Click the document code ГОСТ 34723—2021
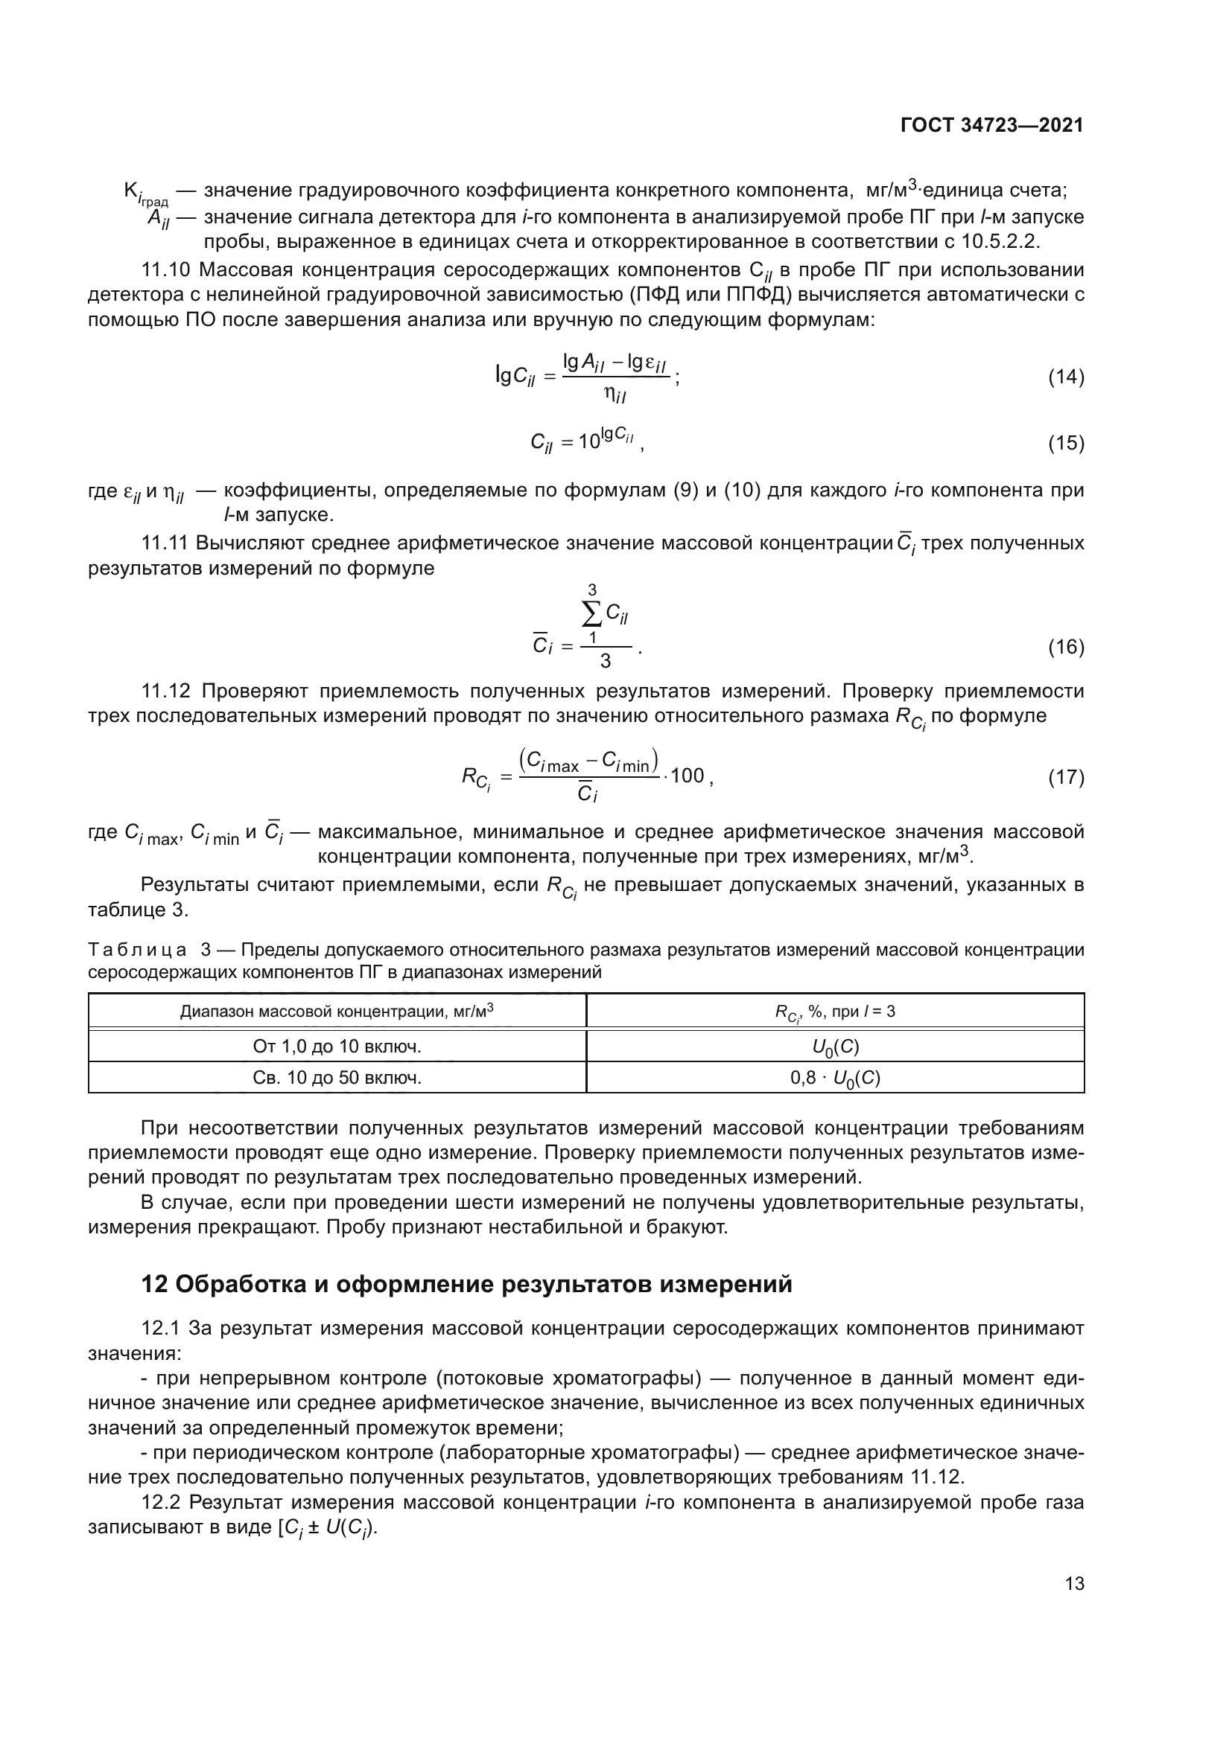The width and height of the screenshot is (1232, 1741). (x=991, y=126)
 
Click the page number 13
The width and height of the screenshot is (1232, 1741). (x=1074, y=1583)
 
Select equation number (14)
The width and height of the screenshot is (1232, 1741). (x=1066, y=377)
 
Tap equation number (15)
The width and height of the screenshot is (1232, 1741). (x=1066, y=443)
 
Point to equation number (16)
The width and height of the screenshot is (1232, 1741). (x=1066, y=647)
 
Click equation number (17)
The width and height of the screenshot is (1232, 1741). (x=1066, y=777)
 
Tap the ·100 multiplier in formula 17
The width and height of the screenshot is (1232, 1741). (x=685, y=776)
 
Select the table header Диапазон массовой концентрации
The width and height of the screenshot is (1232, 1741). (x=337, y=1011)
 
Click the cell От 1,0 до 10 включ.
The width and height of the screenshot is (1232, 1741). (x=337, y=1047)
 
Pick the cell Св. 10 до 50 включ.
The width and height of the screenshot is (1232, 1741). (x=337, y=1078)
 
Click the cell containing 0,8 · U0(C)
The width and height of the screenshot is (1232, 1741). (x=835, y=1078)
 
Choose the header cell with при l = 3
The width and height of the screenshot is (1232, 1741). (x=835, y=1012)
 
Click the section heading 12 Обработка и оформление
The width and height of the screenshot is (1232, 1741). (x=466, y=1284)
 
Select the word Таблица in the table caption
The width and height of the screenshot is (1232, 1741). (x=137, y=950)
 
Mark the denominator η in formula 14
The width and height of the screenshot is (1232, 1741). (x=615, y=394)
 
